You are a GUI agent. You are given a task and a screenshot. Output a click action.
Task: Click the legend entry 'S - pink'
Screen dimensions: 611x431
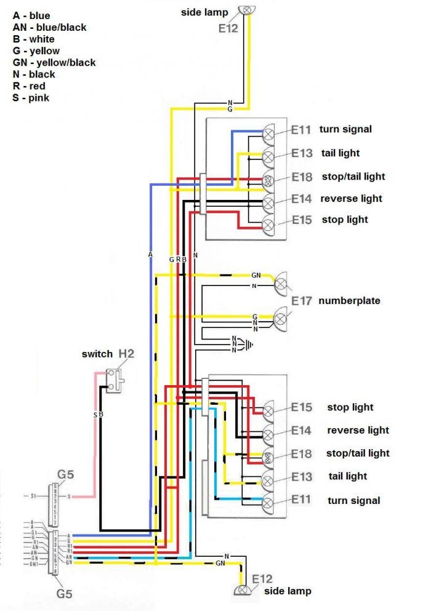click(x=31, y=97)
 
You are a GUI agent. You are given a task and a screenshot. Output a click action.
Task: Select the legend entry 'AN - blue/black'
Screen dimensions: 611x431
click(x=49, y=27)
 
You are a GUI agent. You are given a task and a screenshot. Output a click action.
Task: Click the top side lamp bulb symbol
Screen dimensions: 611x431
click(x=248, y=10)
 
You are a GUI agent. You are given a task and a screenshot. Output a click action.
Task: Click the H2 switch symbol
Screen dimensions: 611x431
click(x=115, y=380)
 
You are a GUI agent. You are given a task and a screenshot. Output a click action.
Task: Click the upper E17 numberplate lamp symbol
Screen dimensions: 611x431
click(x=281, y=283)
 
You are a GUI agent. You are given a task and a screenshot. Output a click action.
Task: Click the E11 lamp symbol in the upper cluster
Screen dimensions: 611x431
click(x=269, y=131)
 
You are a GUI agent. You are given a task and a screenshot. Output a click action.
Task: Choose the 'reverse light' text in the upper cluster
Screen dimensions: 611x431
click(x=352, y=198)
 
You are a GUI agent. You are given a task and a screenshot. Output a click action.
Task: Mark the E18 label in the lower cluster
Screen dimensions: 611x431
click(x=302, y=453)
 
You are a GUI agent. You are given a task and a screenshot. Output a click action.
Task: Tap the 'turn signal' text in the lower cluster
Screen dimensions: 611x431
click(x=354, y=500)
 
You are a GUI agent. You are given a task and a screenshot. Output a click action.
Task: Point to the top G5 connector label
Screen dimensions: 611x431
click(x=66, y=474)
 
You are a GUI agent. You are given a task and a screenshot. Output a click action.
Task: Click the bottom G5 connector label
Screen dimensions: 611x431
click(x=66, y=594)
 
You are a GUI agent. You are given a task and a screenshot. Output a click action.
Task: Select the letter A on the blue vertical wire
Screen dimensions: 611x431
click(x=150, y=254)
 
